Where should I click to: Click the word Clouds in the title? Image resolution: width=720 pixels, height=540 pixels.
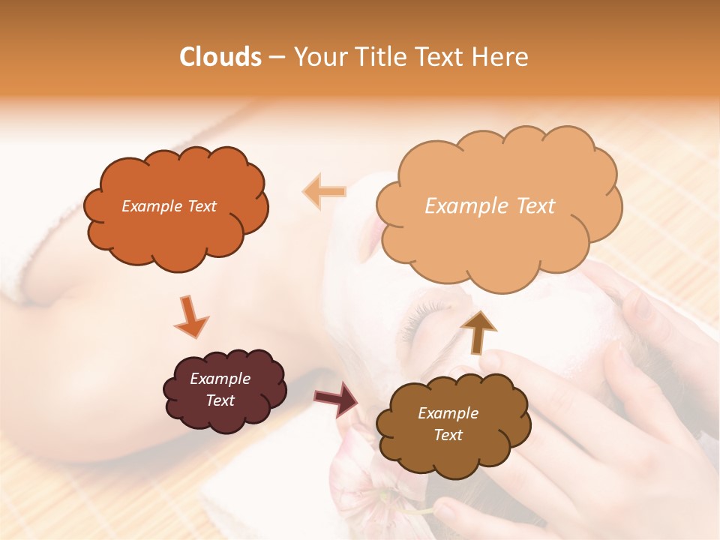pos(220,57)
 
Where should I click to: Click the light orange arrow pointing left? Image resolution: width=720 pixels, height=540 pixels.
pos(324,191)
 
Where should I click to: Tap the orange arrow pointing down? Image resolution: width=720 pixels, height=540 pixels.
pos(190,316)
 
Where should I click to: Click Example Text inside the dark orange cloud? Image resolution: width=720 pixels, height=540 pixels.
pos(169,206)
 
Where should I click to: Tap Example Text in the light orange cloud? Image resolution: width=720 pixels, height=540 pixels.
pos(490,206)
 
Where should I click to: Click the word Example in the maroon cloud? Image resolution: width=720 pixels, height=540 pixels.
pos(220,379)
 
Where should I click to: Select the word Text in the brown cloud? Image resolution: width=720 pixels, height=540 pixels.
pos(448,435)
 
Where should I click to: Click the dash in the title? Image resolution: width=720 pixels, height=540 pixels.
pos(276,57)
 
